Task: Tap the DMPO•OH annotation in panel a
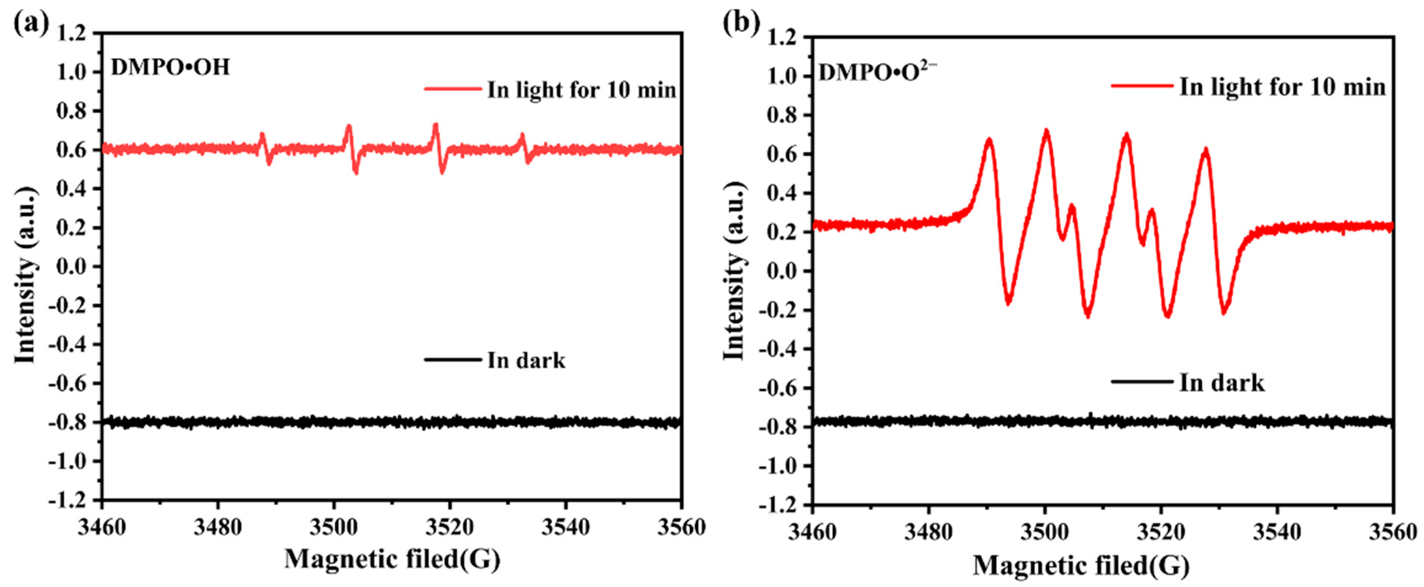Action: point(170,68)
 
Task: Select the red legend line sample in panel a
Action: point(452,89)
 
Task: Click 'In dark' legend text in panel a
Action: point(526,360)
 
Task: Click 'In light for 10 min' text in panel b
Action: point(1282,87)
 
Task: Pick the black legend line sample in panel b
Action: point(1141,382)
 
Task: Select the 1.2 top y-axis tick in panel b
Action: point(784,38)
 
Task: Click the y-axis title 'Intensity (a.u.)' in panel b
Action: point(735,271)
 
